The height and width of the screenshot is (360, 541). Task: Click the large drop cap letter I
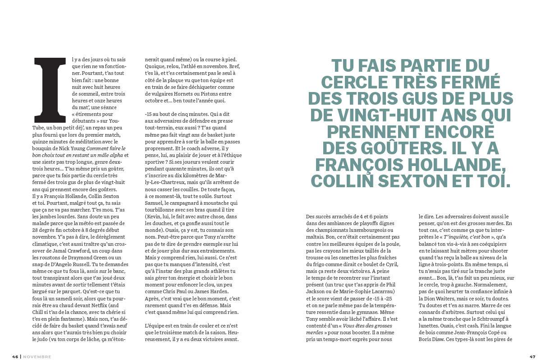click(47, 90)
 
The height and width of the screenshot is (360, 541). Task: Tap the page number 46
click(15, 356)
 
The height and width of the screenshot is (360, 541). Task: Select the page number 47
click(532, 356)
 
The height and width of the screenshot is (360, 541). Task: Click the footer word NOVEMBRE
click(37, 356)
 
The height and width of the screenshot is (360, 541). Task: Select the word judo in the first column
click(84, 339)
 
